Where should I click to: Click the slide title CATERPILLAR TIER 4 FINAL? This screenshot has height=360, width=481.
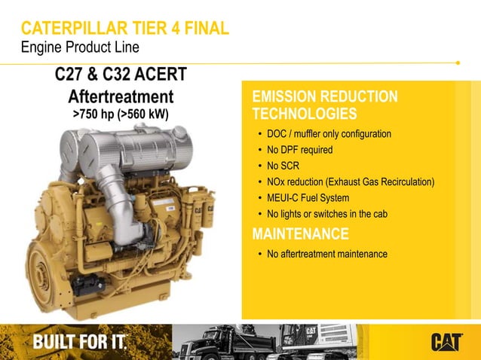pos(124,29)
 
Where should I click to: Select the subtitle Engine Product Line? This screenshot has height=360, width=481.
pos(79,47)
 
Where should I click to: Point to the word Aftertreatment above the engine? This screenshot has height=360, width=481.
pos(121,97)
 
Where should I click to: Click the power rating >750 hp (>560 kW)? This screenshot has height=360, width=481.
pos(121,114)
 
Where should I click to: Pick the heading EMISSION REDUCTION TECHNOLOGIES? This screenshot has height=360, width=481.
pos(324,105)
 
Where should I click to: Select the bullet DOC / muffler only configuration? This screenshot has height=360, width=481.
pos(329,134)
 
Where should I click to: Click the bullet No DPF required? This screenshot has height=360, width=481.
pos(299,150)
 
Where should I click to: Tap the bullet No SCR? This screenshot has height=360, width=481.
pos(283,166)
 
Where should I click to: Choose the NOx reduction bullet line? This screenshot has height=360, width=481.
pos(351,182)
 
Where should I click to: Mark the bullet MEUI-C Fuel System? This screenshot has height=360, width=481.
pos(308,198)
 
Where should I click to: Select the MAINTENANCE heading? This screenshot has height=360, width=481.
pos(300,233)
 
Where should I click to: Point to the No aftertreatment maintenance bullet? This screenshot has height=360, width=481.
pos(326,254)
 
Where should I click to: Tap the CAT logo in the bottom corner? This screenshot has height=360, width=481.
pos(446,342)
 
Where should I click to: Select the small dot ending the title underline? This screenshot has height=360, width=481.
pos(458,63)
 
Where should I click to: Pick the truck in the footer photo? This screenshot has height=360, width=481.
pos(226,343)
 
